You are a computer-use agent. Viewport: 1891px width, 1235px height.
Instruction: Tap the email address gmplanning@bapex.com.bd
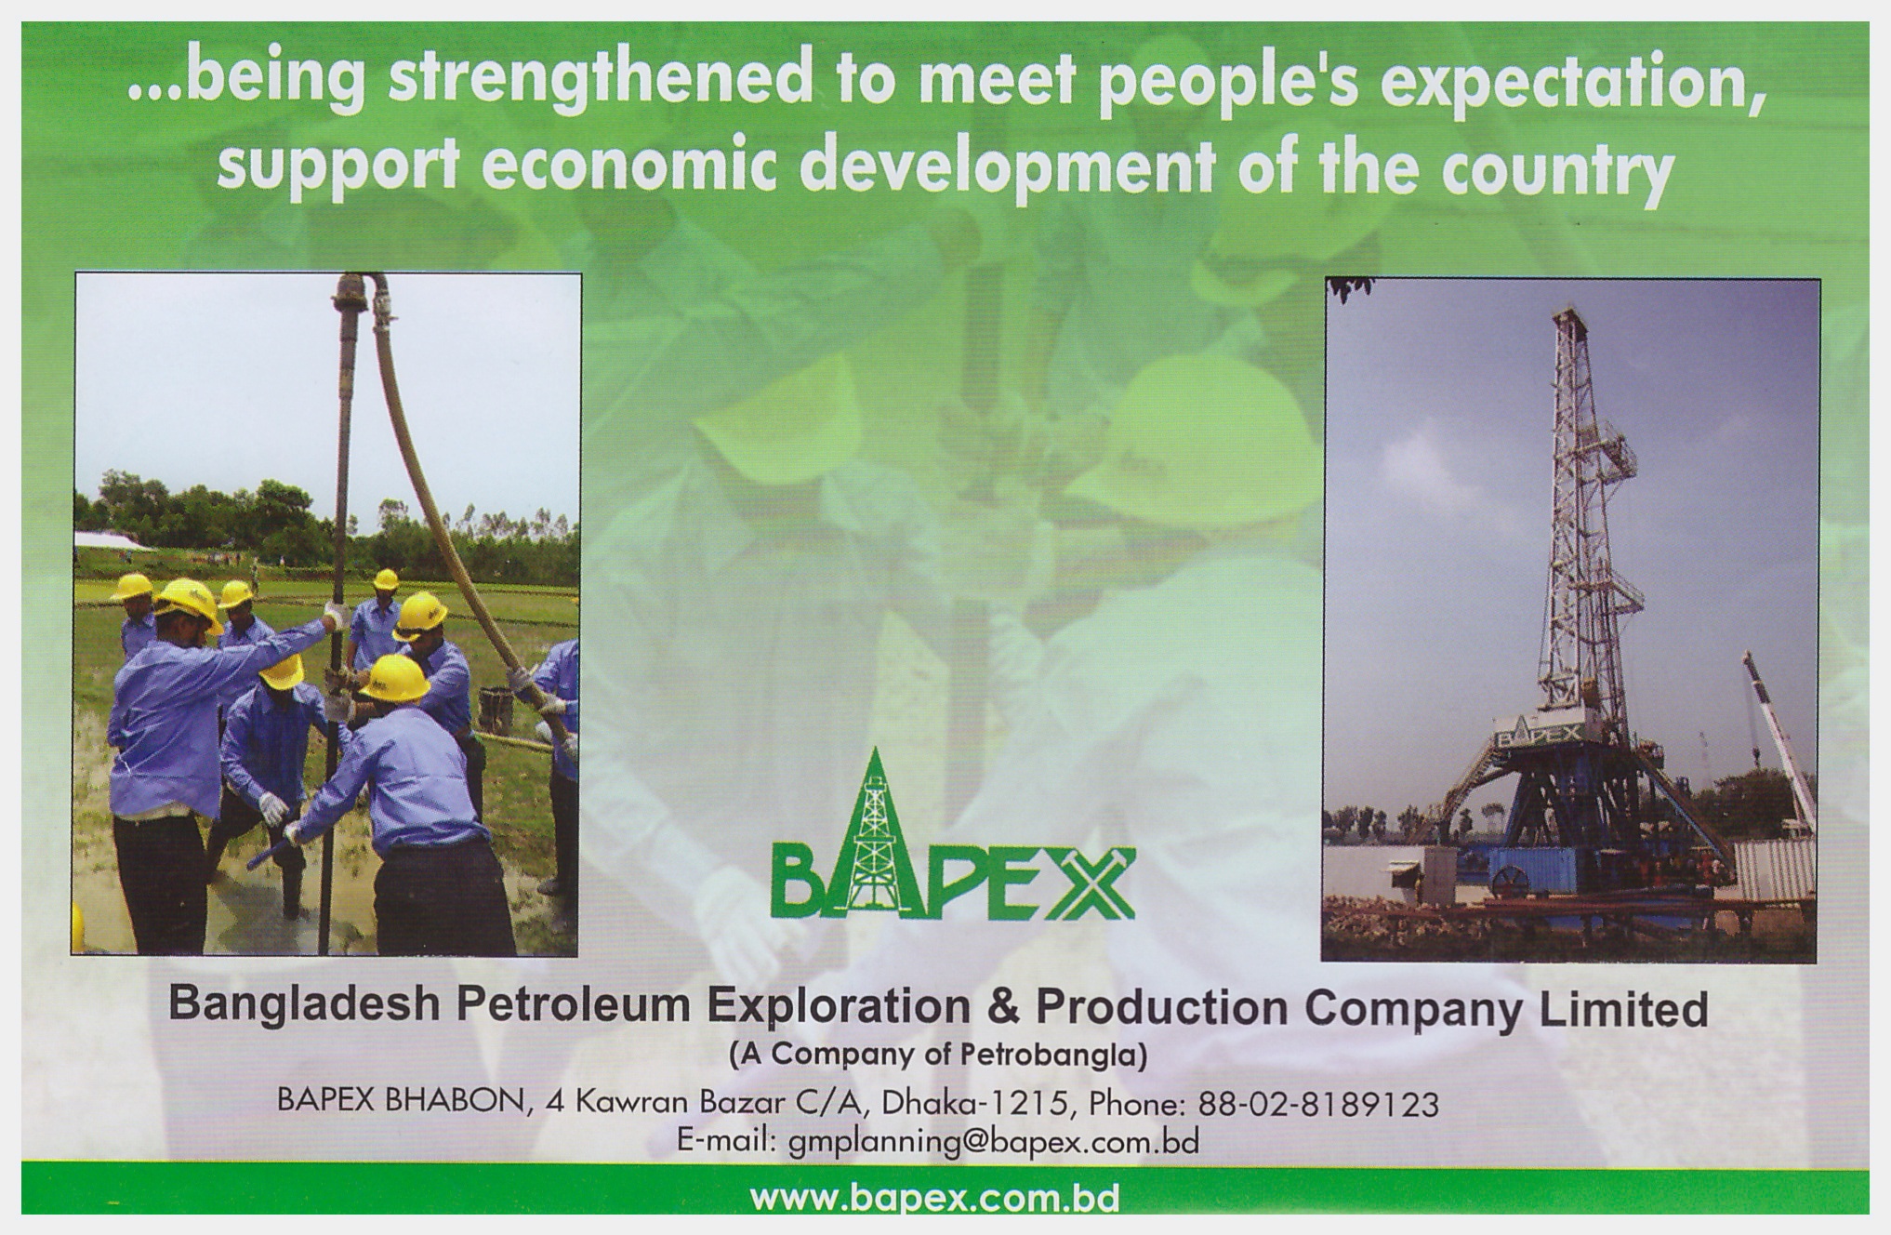point(993,1141)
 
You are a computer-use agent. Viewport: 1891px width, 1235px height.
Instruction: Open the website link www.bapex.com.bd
point(934,1197)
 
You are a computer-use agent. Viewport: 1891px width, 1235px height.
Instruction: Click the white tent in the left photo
point(109,539)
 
